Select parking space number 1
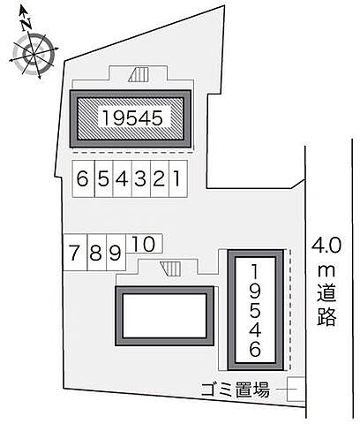click(178, 179)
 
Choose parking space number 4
click(122, 179)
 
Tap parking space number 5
click(102, 179)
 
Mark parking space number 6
click(83, 179)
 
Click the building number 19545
click(131, 116)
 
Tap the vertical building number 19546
click(256, 309)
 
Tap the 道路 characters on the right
click(328, 306)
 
